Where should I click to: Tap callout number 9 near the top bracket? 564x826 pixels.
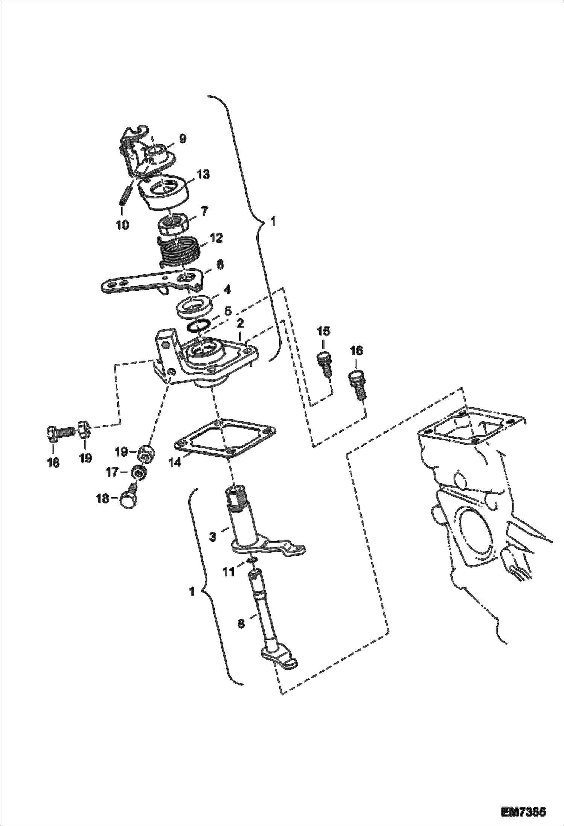[182, 139]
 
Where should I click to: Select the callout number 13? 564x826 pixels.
[203, 174]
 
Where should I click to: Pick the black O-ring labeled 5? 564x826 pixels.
[198, 326]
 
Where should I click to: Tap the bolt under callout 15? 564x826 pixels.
[325, 364]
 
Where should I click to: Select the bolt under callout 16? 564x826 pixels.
[358, 385]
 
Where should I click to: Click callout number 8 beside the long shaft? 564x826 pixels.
[241, 623]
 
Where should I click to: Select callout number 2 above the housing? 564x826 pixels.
[240, 323]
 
